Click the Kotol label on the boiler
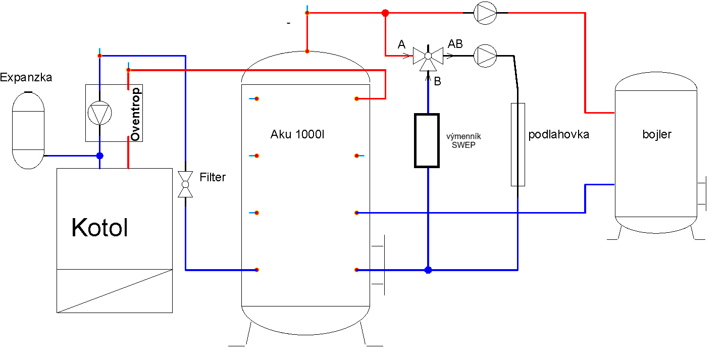click(99, 228)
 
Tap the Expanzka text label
click(26, 77)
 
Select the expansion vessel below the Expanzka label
click(28, 130)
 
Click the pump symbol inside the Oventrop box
click(99, 113)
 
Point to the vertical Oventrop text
click(135, 114)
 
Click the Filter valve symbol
click(185, 184)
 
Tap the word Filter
click(213, 177)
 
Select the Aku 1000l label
click(297, 134)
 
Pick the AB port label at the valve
click(455, 44)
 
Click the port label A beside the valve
click(401, 44)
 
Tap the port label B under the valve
click(438, 81)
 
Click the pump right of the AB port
click(485, 56)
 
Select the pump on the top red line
click(485, 13)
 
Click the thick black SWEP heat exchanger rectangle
click(427, 141)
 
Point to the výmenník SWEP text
click(463, 141)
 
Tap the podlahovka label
click(559, 134)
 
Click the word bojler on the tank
click(657, 134)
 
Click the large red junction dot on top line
click(385, 13)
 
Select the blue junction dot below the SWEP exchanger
click(428, 270)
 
